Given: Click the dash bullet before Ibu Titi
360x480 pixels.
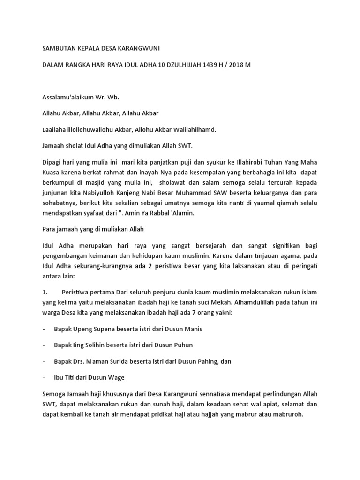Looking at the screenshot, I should [44, 378].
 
